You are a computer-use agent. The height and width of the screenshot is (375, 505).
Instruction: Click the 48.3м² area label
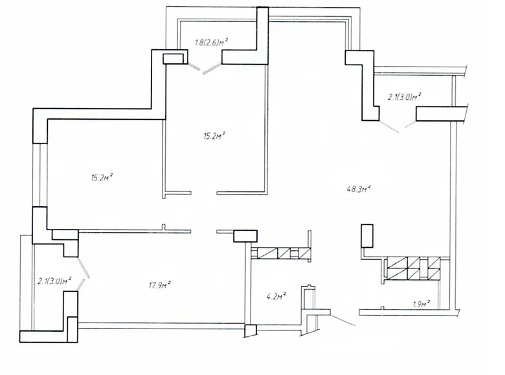coord(360,189)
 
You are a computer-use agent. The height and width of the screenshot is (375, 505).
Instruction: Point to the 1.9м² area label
coord(421,304)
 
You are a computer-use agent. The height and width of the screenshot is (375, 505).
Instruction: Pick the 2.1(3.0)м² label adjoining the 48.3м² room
coord(405,97)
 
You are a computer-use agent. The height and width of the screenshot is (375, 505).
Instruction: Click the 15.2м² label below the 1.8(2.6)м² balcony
coord(214,136)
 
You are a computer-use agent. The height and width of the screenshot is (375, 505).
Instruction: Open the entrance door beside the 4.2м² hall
coord(342,319)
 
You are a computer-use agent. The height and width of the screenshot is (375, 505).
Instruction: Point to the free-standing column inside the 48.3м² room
coord(367,235)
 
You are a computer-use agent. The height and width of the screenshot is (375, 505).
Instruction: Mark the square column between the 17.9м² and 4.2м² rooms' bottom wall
coord(251,330)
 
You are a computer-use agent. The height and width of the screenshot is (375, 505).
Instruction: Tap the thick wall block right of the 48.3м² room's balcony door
coord(440,114)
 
